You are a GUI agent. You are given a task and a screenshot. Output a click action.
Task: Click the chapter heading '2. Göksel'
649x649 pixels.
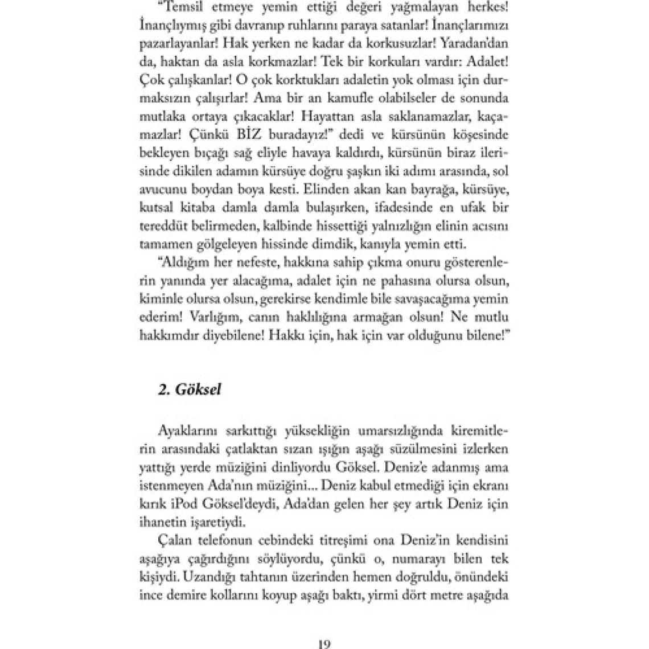click(190, 390)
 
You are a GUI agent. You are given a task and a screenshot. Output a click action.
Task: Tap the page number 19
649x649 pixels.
click(324, 643)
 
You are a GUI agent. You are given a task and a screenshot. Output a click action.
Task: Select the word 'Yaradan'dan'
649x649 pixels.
click(475, 42)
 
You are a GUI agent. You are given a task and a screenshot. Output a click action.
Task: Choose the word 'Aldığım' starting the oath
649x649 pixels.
click(184, 264)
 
